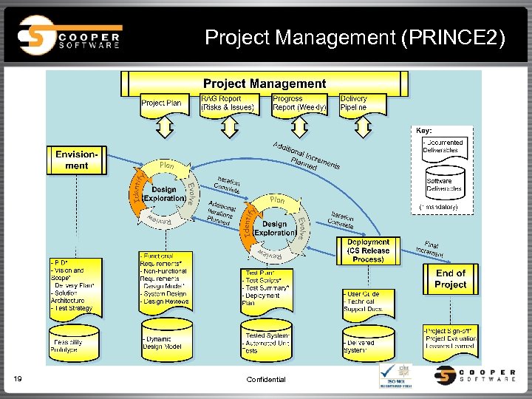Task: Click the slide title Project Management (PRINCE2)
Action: [x=355, y=37]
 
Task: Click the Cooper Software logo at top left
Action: [x=70, y=35]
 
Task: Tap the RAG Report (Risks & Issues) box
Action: [x=228, y=103]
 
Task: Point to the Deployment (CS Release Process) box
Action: [x=368, y=250]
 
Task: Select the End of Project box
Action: [x=450, y=279]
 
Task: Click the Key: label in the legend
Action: [x=424, y=131]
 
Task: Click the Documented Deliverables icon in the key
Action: [x=443, y=146]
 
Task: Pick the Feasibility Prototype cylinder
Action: [x=71, y=342]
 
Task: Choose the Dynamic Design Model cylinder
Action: [x=166, y=340]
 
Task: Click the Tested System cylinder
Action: [x=267, y=340]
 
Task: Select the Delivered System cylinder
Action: [x=367, y=341]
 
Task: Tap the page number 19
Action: [x=18, y=379]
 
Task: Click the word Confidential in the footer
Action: [x=266, y=379]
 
